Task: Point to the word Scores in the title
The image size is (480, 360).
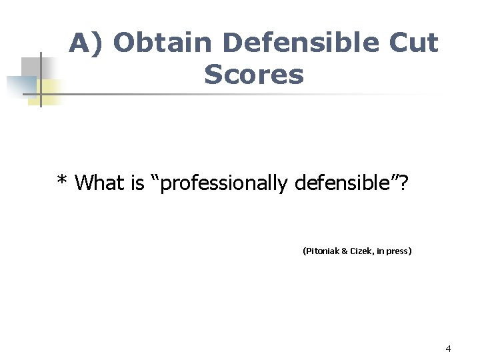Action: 254,75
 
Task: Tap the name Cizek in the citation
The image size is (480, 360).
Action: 364,251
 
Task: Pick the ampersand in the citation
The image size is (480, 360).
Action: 345,251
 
